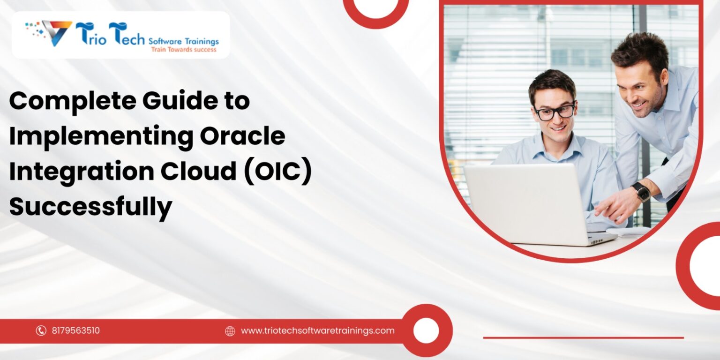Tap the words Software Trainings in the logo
(x=183, y=41)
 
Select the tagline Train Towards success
(x=183, y=50)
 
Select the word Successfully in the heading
(x=90, y=206)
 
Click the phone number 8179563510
(x=76, y=331)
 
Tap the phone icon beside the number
(x=41, y=331)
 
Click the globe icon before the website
(x=230, y=331)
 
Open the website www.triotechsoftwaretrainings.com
(x=317, y=331)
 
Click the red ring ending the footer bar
(x=426, y=330)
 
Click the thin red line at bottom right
(x=583, y=337)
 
